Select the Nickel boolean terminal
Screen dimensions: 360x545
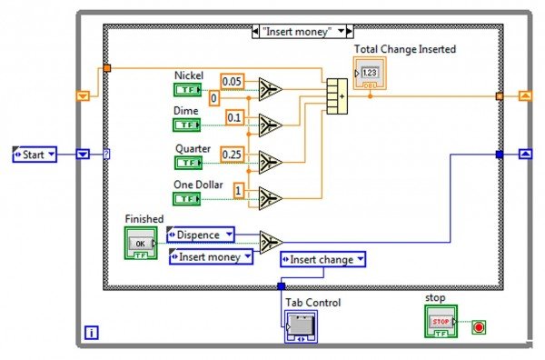[x=187, y=88]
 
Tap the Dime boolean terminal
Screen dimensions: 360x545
[x=187, y=125]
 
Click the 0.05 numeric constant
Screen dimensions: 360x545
[x=233, y=81]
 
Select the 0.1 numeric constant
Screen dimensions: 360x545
[x=233, y=117]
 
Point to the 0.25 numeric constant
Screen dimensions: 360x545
[x=233, y=155]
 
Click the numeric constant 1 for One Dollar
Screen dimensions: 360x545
[x=239, y=190]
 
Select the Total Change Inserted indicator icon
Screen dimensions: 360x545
[x=370, y=74]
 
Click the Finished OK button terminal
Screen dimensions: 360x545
[x=140, y=243]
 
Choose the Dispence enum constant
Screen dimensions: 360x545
[x=200, y=235]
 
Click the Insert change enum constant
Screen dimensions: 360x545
[x=323, y=260]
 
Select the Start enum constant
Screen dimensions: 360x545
[x=35, y=155]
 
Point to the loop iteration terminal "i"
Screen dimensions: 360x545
[x=92, y=333]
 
